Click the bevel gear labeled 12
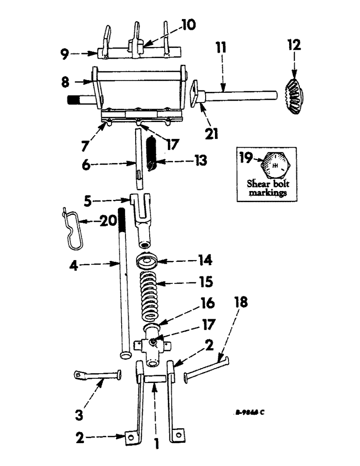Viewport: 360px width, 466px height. pyautogui.click(x=292, y=93)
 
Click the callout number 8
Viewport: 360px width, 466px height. pyautogui.click(x=65, y=82)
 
